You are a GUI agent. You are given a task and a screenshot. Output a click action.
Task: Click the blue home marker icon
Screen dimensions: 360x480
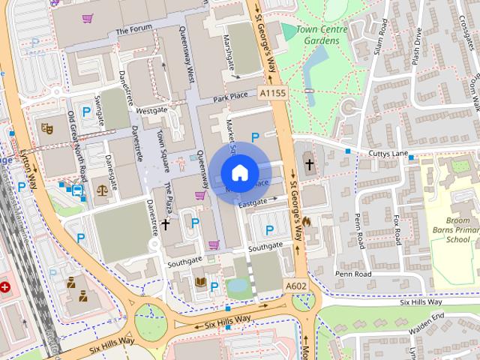(x=238, y=172)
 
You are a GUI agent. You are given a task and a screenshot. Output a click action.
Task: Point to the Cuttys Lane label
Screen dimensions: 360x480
(x=387, y=153)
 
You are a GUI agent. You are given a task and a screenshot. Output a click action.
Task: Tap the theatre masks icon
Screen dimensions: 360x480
(x=46, y=128)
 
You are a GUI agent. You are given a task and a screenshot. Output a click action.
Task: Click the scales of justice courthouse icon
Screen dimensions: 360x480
(x=101, y=190)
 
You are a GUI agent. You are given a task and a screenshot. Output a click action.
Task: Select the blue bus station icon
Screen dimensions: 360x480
(x=77, y=190)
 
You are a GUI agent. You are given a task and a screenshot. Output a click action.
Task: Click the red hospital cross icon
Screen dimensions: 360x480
(x=6, y=287)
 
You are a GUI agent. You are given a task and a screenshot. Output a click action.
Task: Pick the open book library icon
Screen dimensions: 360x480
(x=199, y=282)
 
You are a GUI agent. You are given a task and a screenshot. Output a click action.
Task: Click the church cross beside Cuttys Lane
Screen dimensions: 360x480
(x=308, y=164)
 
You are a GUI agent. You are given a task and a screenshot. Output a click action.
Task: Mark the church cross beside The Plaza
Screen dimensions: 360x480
(x=165, y=223)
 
